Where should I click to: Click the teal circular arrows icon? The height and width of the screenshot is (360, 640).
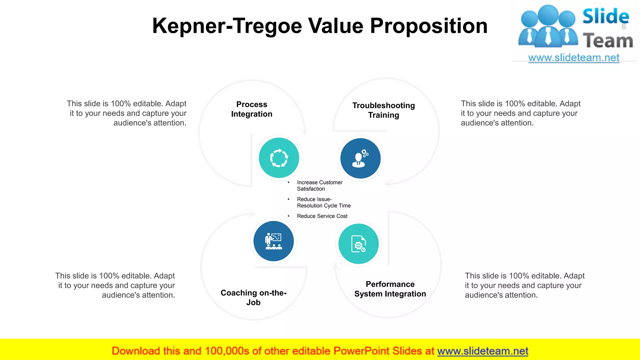click(279, 158)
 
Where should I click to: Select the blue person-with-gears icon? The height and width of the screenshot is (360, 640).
click(360, 158)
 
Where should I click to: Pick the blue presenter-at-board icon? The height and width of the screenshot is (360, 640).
click(273, 241)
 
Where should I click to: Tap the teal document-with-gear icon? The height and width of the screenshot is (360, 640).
click(358, 244)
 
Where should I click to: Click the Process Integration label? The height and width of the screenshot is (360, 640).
click(252, 109)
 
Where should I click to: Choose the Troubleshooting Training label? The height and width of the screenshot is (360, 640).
click(383, 110)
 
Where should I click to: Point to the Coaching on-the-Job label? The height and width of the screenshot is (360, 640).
click(253, 297)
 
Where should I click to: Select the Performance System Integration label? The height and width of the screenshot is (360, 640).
click(390, 289)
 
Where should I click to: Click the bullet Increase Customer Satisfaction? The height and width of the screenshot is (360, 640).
click(319, 186)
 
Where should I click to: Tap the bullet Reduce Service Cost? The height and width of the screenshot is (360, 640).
click(322, 216)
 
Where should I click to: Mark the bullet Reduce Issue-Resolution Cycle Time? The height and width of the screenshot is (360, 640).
click(323, 202)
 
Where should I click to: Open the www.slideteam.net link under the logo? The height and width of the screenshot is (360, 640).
click(573, 58)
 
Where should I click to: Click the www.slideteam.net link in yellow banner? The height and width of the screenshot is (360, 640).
click(482, 351)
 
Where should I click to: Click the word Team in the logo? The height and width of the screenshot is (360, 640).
click(608, 41)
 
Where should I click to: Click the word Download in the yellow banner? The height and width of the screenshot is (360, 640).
click(136, 351)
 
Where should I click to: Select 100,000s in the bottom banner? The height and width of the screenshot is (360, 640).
click(227, 351)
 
